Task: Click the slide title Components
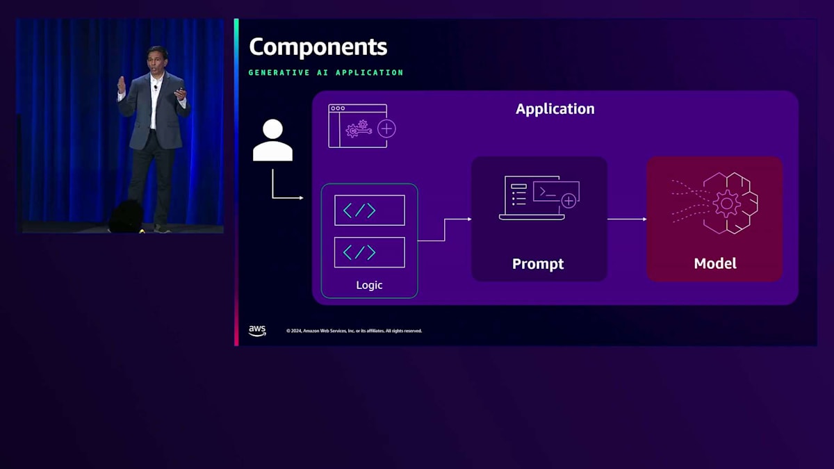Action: [x=318, y=47]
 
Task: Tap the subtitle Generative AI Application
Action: [x=325, y=72]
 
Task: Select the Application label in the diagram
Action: [x=555, y=109]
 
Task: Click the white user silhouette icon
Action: [x=272, y=140]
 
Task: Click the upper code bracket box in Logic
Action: [x=369, y=210]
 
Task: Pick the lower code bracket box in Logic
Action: [x=369, y=252]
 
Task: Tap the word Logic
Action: [x=369, y=285]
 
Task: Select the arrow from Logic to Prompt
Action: [x=445, y=229]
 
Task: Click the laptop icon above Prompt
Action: [x=539, y=198]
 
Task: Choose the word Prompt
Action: [x=538, y=264]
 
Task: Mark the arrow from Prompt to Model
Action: [x=627, y=220]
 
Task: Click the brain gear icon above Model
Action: [x=723, y=204]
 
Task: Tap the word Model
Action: [x=714, y=264]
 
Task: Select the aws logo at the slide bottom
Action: [x=257, y=331]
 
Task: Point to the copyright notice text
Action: [x=354, y=331]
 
